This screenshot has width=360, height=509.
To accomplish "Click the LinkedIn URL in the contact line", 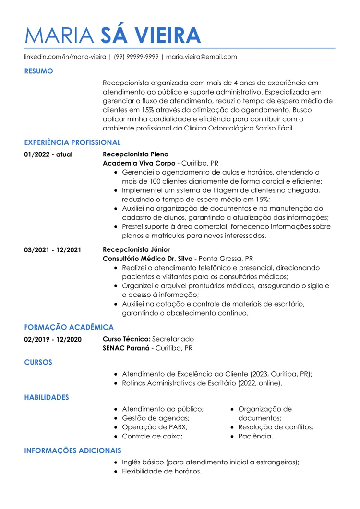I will (65, 57).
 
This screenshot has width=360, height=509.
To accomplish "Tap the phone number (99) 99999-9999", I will (136, 57).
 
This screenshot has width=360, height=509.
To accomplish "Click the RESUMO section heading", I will (38, 71).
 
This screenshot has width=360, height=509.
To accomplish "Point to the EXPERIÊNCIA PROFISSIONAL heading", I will (72, 142).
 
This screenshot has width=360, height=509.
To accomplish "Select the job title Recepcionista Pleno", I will (136, 154).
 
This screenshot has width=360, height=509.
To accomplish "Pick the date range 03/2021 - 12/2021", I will (53, 250).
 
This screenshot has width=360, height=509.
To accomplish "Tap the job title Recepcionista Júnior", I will (136, 249).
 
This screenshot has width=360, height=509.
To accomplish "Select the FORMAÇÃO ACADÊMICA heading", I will (69, 327).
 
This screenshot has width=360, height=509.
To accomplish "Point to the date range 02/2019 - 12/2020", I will (53, 340).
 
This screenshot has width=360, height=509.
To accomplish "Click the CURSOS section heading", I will (38, 362).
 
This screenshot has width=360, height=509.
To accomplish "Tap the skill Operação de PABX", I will (155, 427).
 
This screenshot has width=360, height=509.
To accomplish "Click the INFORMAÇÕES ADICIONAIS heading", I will (72, 450).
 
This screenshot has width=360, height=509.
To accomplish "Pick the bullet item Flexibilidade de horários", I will (161, 471).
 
